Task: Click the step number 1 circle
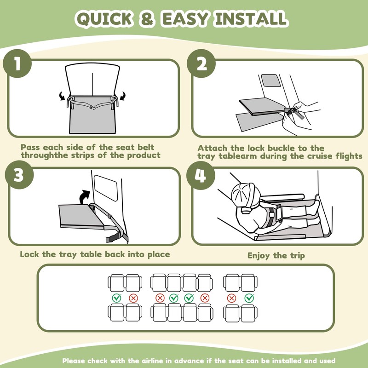(17, 63)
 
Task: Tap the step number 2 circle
(201, 63)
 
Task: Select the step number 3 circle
(19, 175)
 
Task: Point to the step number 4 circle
(201, 176)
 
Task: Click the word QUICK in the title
(104, 18)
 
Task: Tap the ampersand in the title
(147, 18)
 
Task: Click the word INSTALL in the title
(251, 18)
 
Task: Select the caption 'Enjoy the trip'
(276, 255)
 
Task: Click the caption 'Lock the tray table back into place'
(95, 254)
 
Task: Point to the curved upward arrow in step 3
(84, 197)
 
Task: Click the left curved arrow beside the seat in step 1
(62, 96)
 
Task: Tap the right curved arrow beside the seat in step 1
(122, 96)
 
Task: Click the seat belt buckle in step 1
(92, 107)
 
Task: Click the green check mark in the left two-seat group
(117, 298)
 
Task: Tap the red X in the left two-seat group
(133, 298)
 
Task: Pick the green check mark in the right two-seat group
(249, 298)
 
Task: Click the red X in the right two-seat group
(232, 298)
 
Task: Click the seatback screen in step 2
(271, 80)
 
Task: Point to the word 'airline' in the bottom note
(152, 361)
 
